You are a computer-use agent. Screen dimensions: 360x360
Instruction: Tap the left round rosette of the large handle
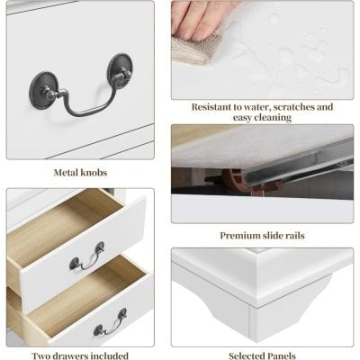pos(41,86)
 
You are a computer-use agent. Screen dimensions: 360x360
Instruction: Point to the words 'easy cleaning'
pos(262,118)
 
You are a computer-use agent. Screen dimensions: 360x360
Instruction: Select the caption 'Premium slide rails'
pos(262,236)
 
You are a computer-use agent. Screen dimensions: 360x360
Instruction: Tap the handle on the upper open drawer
pos(87,258)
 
